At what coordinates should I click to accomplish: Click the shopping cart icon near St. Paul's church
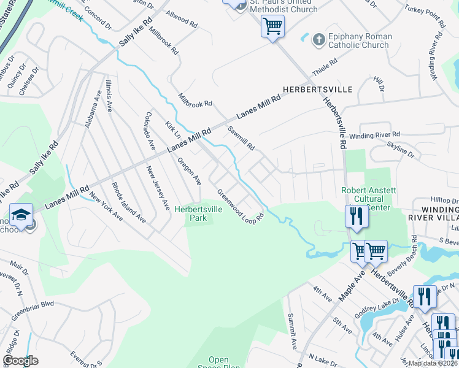click(272, 26)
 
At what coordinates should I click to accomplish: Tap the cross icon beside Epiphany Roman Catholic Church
click(318, 40)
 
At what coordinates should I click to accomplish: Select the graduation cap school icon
click(20, 215)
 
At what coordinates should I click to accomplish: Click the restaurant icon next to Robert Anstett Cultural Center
click(355, 215)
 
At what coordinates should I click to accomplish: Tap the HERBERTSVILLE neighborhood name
click(317, 89)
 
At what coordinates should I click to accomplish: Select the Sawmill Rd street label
click(241, 139)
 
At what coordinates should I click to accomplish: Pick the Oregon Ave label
click(190, 171)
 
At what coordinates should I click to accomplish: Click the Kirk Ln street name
click(173, 130)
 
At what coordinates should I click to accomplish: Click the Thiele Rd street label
click(325, 64)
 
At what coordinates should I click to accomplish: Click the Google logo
click(20, 361)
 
